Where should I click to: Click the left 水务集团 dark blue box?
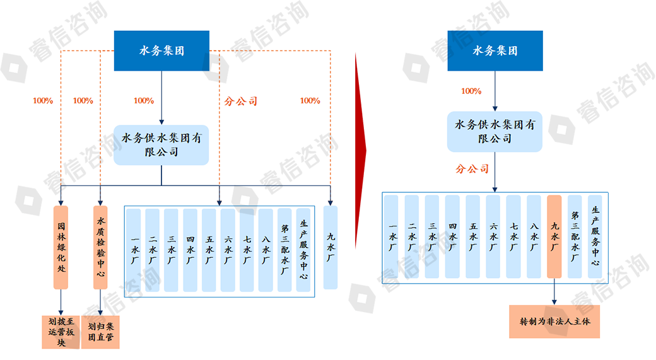coord(161,50)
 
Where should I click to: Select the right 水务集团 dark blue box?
coord(495,50)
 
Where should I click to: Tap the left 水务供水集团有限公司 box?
coord(161,144)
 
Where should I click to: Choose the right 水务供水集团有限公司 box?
coord(495,132)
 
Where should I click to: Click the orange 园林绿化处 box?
coord(61,247)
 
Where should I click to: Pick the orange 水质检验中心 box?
coord(101,247)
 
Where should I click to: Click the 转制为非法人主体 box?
coord(555,321)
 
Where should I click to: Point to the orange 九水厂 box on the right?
coord(554,236)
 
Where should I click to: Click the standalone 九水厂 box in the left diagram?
coord(331,247)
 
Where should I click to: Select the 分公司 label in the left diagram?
coord(241,101)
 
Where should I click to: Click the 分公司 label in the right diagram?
coord(472,169)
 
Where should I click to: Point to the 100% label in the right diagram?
coord(471,91)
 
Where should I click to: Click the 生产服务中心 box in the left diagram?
coord(304,250)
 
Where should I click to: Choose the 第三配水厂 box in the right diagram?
coord(575,236)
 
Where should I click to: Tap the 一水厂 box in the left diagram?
coord(134,250)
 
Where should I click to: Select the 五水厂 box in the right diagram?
coord(473,236)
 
